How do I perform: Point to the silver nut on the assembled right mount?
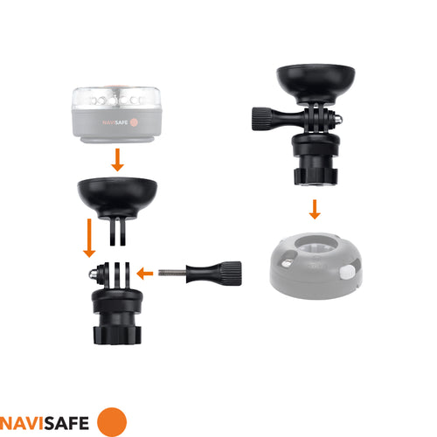[x=338, y=120]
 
